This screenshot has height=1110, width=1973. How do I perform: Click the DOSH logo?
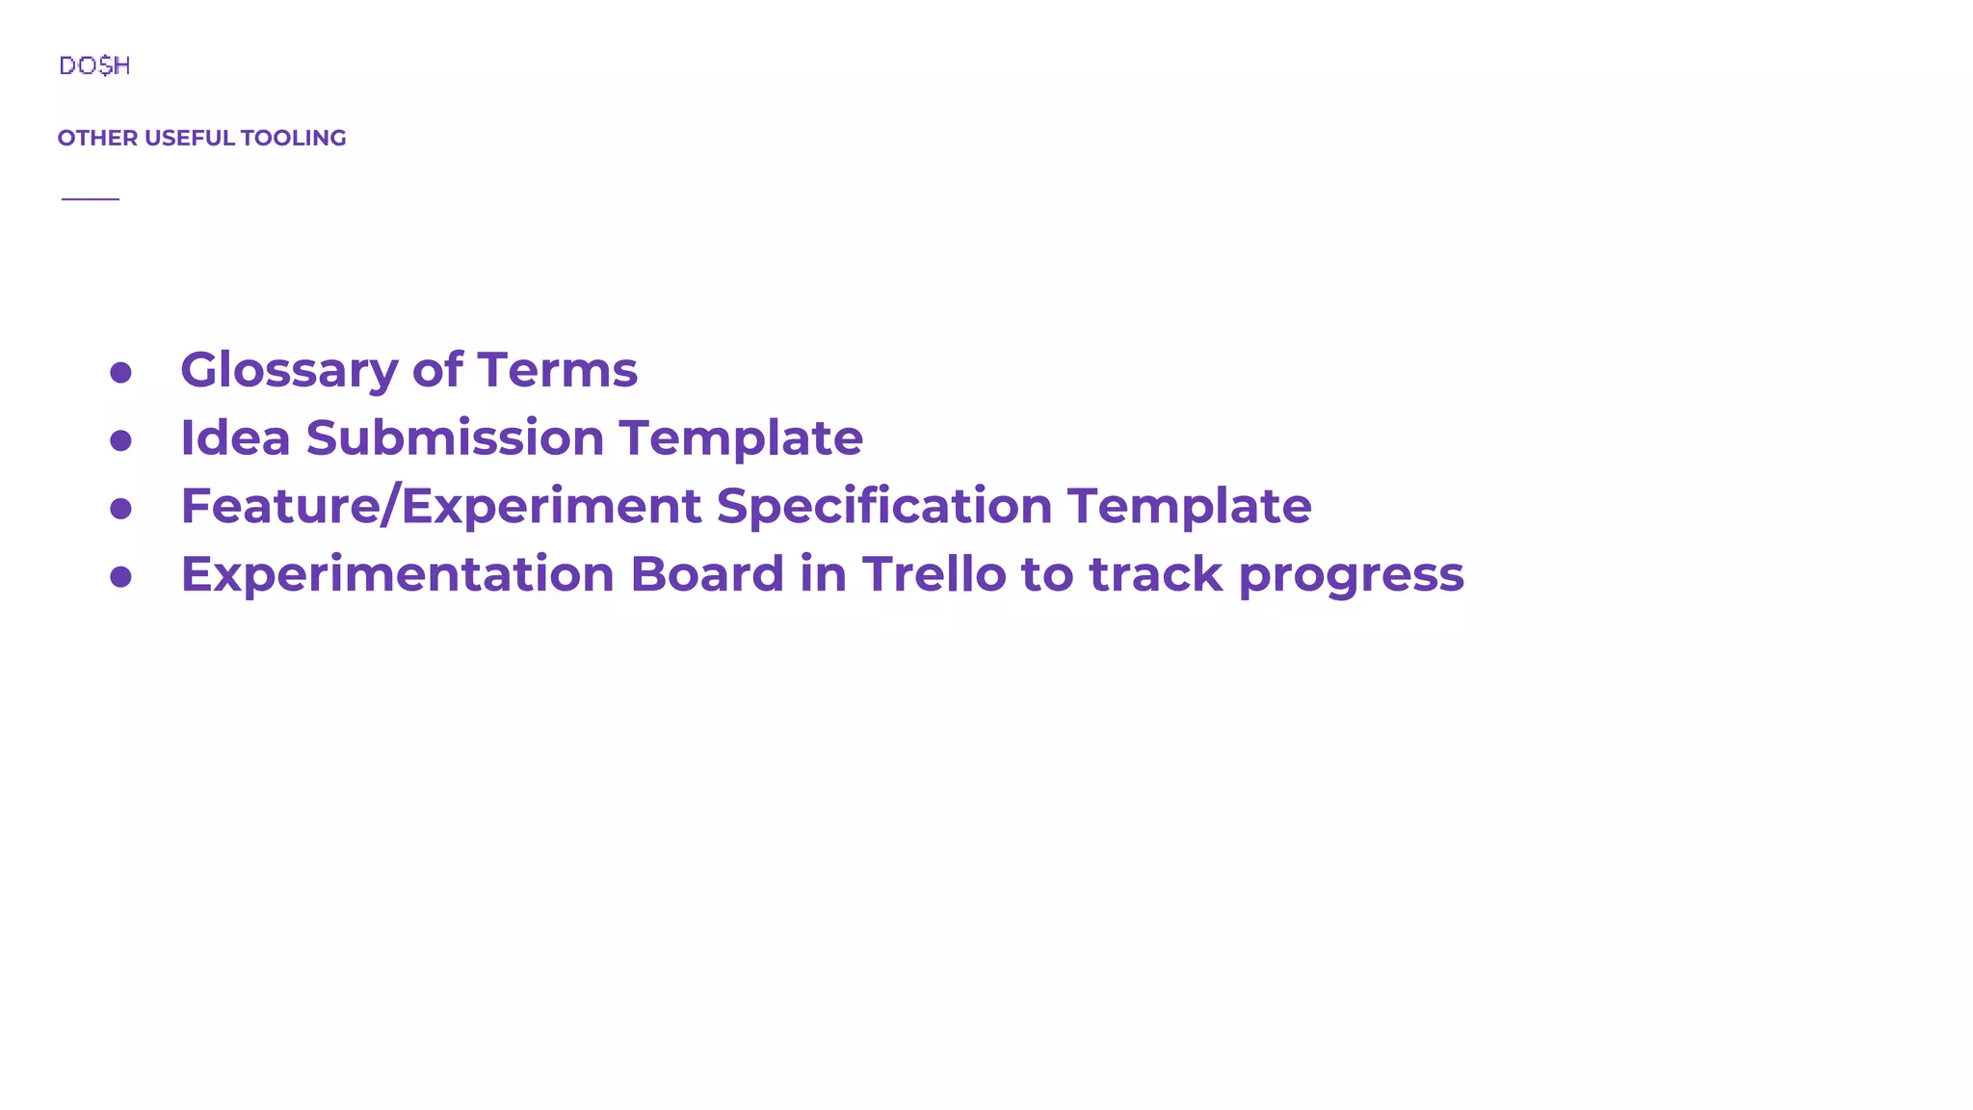pyautogui.click(x=94, y=66)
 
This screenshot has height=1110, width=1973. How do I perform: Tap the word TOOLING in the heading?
pyautogui.click(x=293, y=138)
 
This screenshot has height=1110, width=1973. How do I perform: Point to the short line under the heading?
pyautogui.click(x=91, y=198)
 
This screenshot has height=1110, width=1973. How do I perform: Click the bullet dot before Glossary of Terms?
pyautogui.click(x=120, y=373)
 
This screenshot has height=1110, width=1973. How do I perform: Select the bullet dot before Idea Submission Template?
pyautogui.click(x=120, y=440)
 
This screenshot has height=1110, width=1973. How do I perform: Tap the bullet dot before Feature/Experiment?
pyautogui.click(x=120, y=509)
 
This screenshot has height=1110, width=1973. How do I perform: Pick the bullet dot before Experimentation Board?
pyautogui.click(x=120, y=576)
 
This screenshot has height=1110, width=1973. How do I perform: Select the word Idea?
pyautogui.click(x=235, y=437)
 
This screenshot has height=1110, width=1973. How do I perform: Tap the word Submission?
pyautogui.click(x=455, y=437)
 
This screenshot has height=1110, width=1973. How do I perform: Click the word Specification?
pyautogui.click(x=883, y=507)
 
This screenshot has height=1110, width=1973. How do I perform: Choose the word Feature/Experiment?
pyautogui.click(x=440, y=507)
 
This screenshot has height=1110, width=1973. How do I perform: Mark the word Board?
pyautogui.click(x=707, y=574)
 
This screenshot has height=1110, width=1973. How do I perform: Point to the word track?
pyautogui.click(x=1156, y=574)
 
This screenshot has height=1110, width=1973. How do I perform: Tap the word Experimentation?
pyautogui.click(x=397, y=575)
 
